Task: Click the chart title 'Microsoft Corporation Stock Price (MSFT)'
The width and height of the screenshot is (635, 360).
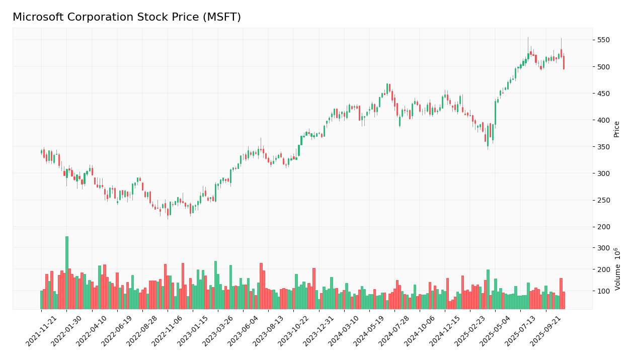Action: tap(127, 18)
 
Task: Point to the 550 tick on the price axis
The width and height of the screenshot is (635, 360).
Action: tap(603, 40)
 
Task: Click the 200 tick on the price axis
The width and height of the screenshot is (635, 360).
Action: tap(603, 227)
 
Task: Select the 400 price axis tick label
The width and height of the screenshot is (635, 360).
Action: tap(603, 120)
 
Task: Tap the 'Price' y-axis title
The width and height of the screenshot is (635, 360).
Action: tap(617, 129)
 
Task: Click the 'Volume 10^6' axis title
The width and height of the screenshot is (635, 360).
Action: tap(617, 268)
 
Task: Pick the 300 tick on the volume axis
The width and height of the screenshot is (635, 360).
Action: tap(603, 248)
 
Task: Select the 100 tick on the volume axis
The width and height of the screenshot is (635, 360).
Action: tap(603, 291)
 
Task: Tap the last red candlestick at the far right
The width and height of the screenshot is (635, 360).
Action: tap(564, 62)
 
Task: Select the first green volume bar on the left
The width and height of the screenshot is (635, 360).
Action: tap(41, 300)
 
